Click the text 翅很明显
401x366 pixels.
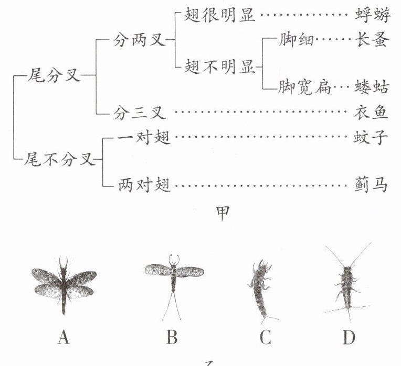[220, 15]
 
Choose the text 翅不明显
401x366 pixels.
[220, 66]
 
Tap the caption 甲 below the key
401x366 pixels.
[223, 213]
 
